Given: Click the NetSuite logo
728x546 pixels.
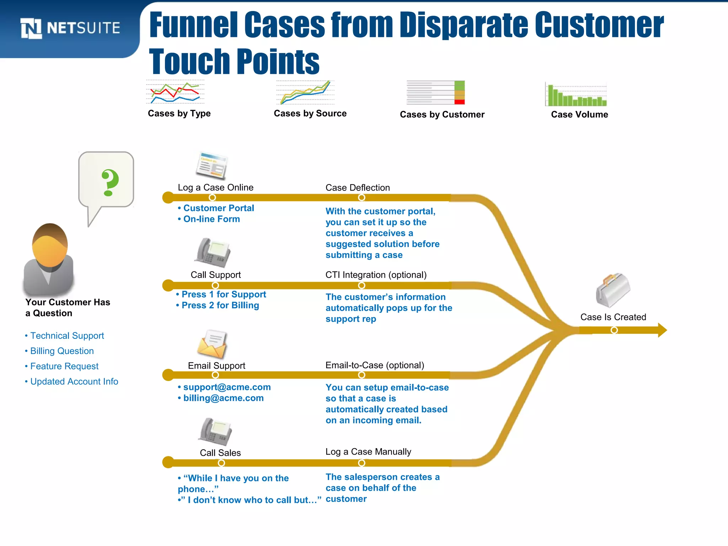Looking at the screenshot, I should click(70, 28).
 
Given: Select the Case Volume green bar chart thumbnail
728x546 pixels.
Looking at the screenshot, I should click(576, 95).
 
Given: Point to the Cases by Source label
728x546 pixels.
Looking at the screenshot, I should click(310, 113).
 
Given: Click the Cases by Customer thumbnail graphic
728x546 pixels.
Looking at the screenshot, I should click(436, 93).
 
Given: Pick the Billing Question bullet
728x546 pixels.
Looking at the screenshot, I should click(62, 351).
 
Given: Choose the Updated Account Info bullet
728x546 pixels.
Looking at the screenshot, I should click(74, 381).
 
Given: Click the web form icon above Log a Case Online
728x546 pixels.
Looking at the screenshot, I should click(212, 165).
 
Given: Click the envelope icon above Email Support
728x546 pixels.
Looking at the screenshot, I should click(212, 344).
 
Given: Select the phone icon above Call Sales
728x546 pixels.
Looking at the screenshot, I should click(215, 432).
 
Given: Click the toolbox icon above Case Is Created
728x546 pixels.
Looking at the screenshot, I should click(612, 290).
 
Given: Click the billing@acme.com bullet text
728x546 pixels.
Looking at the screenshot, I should click(223, 398).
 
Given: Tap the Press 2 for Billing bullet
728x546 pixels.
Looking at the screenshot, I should click(220, 305).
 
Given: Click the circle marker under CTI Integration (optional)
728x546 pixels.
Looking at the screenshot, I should click(362, 285).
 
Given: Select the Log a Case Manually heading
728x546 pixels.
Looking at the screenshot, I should click(368, 452).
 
